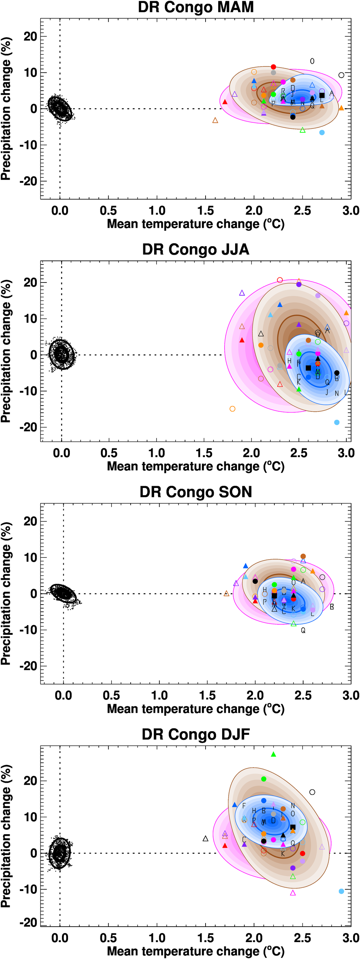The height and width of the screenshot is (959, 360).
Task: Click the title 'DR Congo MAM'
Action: tap(196, 7)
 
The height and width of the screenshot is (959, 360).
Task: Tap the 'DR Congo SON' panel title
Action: tap(196, 492)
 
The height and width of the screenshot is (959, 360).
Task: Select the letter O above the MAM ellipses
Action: tap(312, 61)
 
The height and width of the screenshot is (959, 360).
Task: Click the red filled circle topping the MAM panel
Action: tap(273, 67)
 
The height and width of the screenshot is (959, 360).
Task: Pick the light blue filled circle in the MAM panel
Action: tap(322, 132)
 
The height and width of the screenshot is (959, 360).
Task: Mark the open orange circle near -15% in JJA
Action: tap(232, 409)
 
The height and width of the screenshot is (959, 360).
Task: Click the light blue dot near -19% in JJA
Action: tap(337, 422)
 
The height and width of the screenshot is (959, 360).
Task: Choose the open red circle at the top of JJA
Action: tap(280, 280)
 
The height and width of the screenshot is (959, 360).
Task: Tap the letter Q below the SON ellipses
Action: tap(303, 630)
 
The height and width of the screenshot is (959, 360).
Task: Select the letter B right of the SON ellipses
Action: tap(332, 607)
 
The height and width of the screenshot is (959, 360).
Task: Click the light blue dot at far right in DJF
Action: tap(341, 891)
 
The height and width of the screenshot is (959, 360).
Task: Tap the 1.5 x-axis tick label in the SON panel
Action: tap(207, 696)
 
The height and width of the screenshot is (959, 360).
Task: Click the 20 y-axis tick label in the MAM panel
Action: tap(30, 36)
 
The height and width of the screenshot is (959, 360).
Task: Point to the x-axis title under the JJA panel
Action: tap(196, 466)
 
